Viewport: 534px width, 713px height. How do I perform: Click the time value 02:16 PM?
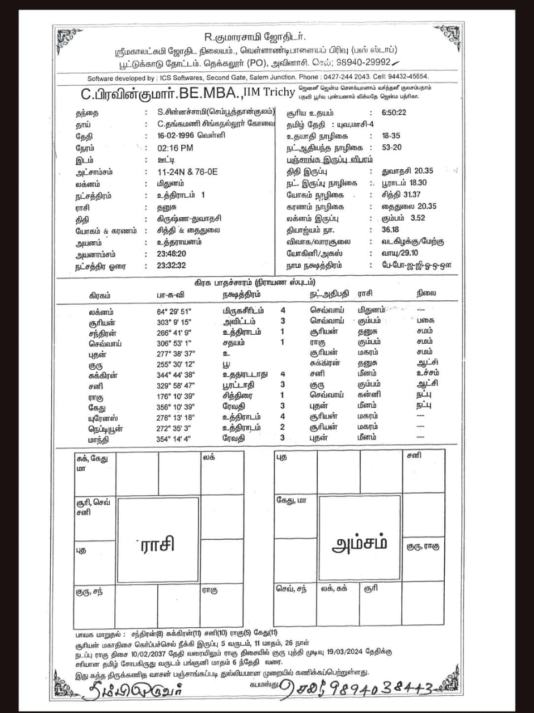[x=176, y=148]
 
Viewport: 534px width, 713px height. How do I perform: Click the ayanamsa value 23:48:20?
[x=172, y=254]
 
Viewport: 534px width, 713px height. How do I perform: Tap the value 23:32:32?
[x=172, y=266]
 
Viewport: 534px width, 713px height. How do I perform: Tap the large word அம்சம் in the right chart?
[x=360, y=544]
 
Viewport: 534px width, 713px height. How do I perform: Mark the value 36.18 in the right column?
[x=391, y=230]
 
